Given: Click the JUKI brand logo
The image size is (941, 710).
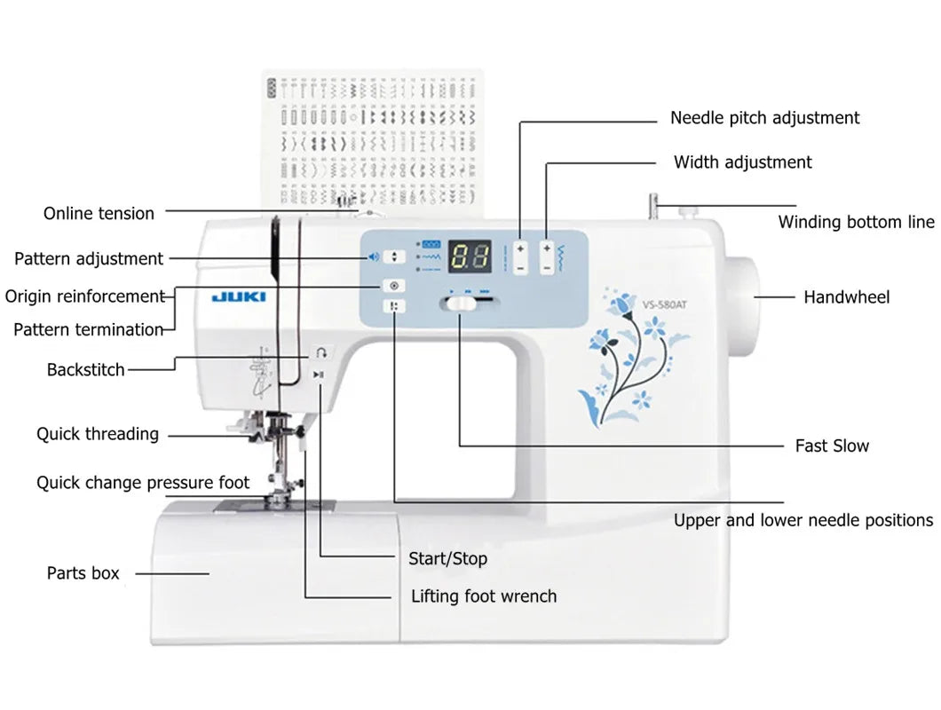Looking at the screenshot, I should pos(238,297).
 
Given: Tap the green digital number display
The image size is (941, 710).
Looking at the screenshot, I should pos(470,257).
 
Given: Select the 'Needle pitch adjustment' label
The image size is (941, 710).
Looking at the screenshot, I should pos(764,118).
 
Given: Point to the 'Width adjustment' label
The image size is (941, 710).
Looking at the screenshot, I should pos(742,162).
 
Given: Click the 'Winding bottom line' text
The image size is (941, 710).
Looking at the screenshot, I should pos(856,222).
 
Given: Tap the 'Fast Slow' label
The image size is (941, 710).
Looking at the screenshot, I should pos(832,446).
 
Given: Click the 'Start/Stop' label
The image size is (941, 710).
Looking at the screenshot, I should pos(447,559).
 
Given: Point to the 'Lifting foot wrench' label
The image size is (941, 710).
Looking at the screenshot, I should pos(484,596).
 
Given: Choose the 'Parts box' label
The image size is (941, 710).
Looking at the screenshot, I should pos(83,573).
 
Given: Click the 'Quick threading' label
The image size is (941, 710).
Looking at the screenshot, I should pos(98,434).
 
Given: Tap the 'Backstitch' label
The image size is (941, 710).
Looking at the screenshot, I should pos(86,369).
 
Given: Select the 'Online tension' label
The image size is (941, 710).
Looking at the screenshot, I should pos(99,213).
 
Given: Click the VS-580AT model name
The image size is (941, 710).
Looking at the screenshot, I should pos(665,304).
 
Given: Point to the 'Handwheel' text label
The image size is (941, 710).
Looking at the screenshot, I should pos(846,297).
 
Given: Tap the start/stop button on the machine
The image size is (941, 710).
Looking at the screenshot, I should pos(320,375).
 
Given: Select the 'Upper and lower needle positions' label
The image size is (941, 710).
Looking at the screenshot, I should pos(803,520).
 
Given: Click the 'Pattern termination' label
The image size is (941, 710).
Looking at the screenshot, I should pos(88,329).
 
